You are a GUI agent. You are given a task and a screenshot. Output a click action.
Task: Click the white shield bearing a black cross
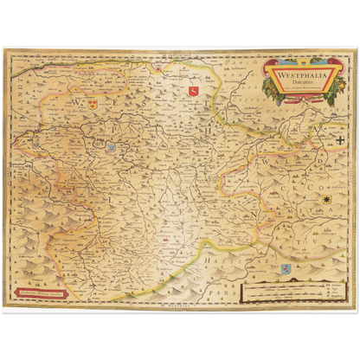341,138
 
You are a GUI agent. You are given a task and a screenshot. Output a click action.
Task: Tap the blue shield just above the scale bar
285,269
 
